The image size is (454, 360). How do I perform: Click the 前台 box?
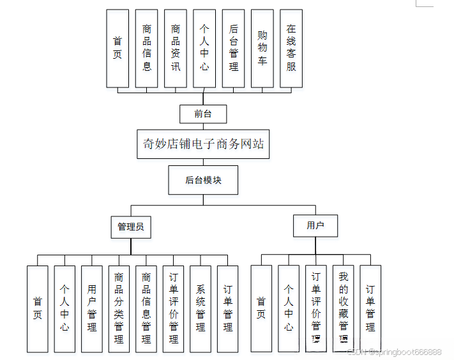pos(203,114)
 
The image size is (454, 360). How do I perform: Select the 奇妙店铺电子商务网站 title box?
pos(203,144)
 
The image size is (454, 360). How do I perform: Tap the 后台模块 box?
pos(203,180)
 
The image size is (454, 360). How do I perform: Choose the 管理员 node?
pos(131,227)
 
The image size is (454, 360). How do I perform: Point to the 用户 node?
pos(315,225)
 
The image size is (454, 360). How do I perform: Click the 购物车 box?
pos(262,48)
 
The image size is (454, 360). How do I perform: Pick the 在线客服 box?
pos(291,48)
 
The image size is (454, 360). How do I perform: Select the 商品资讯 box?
pos(176,48)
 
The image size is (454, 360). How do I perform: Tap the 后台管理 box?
pos(233,48)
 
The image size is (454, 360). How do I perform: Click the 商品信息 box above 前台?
pos(147,48)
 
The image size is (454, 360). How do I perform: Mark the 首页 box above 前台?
pos(117,48)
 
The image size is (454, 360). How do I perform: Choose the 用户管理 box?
pos(92,309)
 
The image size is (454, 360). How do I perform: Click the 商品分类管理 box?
pos(119,309)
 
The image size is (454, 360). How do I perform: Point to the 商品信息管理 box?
pos(146,309)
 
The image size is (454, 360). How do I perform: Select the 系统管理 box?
pos(201,309)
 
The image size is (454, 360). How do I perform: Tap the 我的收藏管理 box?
pos(344,309)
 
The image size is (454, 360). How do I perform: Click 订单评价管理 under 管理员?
pos(174,309)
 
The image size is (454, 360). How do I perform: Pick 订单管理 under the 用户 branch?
pos(370,309)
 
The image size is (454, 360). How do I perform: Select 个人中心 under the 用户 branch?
pos(289,309)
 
